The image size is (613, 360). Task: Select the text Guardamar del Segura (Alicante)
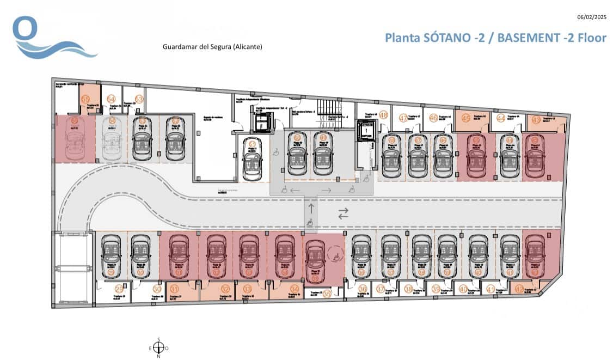coord(212,47)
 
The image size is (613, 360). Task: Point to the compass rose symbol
coord(158,347)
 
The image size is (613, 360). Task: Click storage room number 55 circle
coord(85,99)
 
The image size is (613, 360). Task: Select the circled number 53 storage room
coord(139,99)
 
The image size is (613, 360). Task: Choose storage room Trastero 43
coord(537,120)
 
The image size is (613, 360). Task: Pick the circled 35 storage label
coord(327,293)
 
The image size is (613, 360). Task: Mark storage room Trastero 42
coord(519,289)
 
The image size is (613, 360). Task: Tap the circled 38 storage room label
coord(408,290)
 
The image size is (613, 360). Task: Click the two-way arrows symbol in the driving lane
coord(343,214)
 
